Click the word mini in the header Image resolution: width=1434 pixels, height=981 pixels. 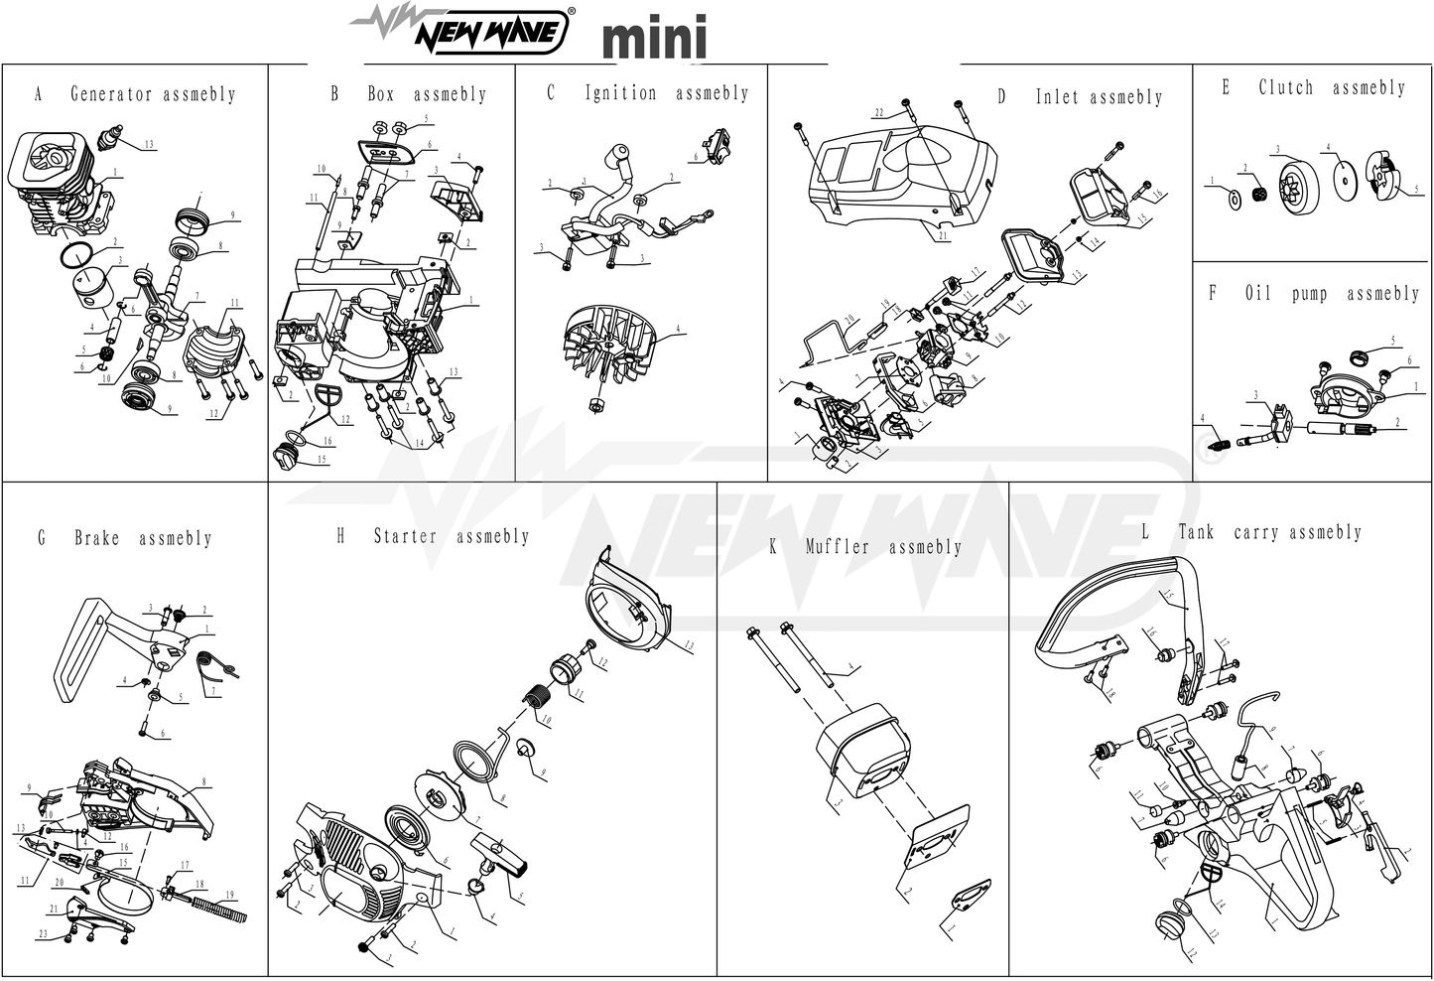654,38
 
